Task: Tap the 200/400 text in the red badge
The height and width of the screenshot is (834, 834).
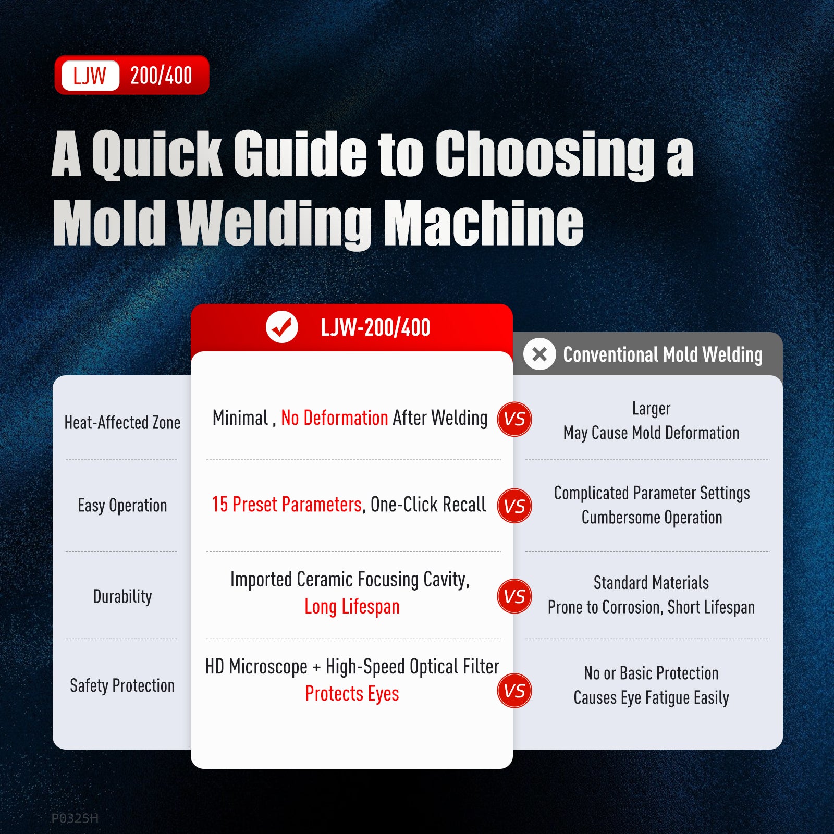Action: tap(161, 76)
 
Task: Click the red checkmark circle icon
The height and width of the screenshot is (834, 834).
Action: tap(282, 327)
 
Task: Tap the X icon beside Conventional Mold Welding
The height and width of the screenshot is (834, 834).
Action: tap(539, 354)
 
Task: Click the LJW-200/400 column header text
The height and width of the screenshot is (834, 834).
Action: tap(375, 328)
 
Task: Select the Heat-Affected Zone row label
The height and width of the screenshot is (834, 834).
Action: tap(122, 422)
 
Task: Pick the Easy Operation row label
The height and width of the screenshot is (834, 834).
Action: tap(122, 506)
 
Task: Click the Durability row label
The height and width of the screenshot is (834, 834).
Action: tap(122, 596)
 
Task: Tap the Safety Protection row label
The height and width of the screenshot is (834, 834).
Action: tap(122, 685)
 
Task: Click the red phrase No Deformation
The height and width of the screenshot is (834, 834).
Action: tap(335, 418)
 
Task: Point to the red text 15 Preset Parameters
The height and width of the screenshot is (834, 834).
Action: tap(287, 505)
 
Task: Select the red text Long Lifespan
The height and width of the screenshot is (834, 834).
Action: tap(352, 607)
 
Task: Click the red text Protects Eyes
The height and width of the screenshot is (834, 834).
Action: tap(352, 694)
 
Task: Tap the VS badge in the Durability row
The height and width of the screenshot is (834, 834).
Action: tap(514, 596)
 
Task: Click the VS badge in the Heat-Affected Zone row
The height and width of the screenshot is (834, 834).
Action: tap(514, 419)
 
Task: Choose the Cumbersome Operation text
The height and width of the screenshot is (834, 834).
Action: tap(652, 518)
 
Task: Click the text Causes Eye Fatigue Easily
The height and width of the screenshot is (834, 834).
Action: tap(652, 697)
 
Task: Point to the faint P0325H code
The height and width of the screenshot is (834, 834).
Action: tap(75, 818)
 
